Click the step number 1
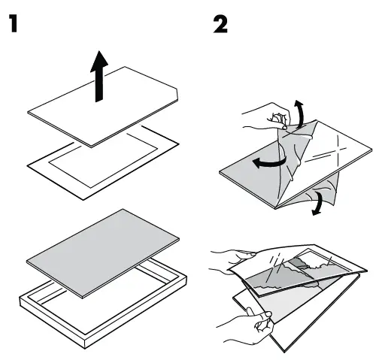pyautogui.click(x=14, y=23)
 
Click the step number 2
pyautogui.click(x=220, y=24)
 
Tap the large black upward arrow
pyautogui.click(x=99, y=77)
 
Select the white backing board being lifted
pyautogui.click(x=103, y=107)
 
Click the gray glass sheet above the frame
pyautogui.click(x=103, y=253)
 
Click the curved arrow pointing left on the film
pyautogui.click(x=268, y=162)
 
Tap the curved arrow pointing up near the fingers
pyautogui.click(x=300, y=114)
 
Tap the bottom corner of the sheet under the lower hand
pyautogui.click(x=283, y=351)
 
